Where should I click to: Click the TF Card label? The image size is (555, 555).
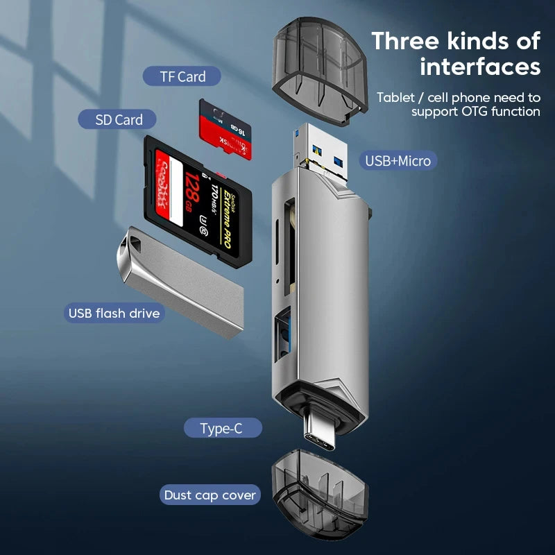click(182, 77)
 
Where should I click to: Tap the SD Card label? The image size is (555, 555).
click(119, 120)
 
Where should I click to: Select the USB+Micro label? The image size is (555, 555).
click(398, 162)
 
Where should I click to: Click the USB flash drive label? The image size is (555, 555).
click(114, 313)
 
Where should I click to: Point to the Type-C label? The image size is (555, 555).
click(222, 429)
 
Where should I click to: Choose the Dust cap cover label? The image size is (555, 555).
click(210, 495)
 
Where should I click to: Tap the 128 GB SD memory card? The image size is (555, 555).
click(198, 201)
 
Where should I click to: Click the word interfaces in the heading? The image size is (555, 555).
click(479, 67)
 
